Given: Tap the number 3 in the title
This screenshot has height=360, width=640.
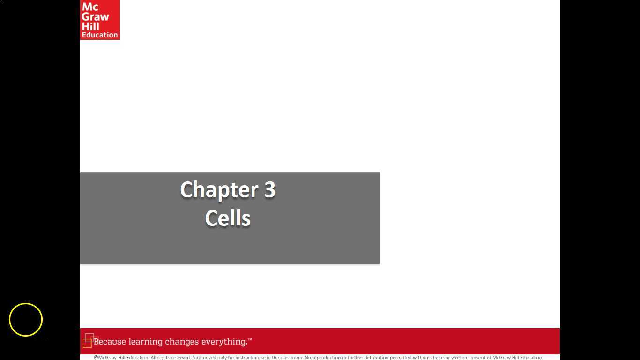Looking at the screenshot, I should coord(270,189).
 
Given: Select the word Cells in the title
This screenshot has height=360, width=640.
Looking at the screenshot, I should coord(228,218).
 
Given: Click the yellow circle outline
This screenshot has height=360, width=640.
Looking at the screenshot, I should coord(26,320).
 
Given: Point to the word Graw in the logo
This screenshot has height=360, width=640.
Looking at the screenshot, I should coord(95,16).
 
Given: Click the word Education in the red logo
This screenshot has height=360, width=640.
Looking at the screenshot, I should coord(100,35).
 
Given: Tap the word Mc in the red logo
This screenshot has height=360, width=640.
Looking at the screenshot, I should coord(90,7).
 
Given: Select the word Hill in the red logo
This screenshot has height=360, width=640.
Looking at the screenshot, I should coord(90,26).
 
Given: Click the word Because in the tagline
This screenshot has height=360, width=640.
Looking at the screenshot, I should coord(110,342).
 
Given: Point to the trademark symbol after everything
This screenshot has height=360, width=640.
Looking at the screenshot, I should coord(250,339).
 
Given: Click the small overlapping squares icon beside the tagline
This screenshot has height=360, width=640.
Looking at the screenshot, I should coord(89,341).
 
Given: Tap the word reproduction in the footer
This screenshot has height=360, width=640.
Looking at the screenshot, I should coord(326,358).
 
